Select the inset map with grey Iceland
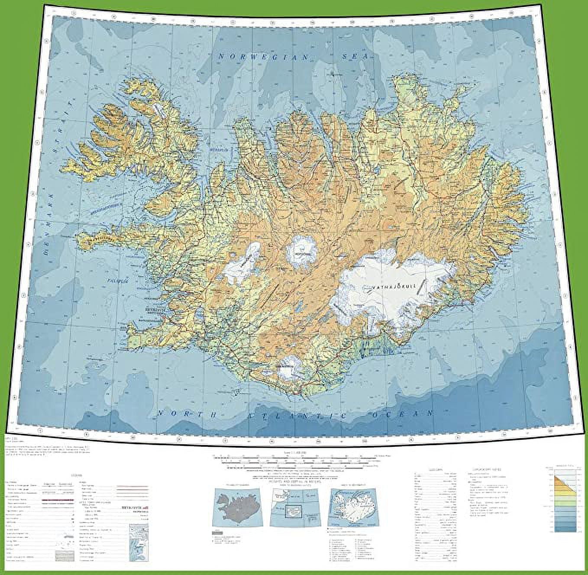point(237,507)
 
